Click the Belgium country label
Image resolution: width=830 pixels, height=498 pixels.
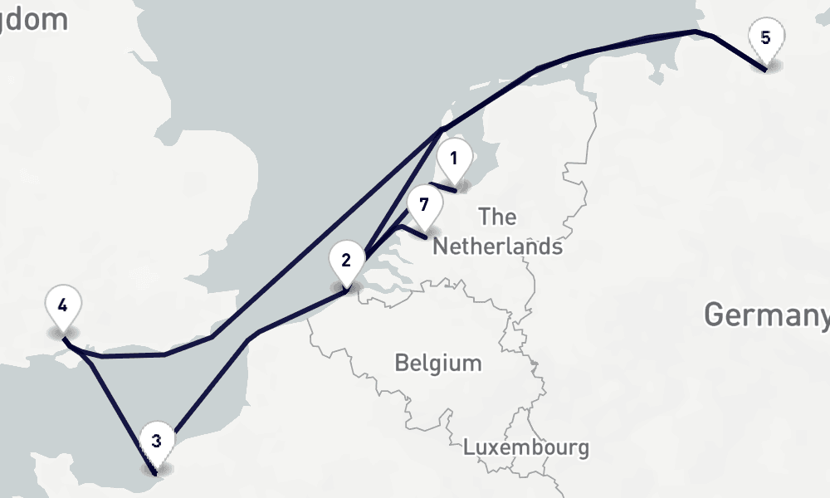tap(437, 363)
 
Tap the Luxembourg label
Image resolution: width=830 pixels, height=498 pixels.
tap(526, 447)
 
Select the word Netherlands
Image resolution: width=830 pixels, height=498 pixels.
tap(497, 247)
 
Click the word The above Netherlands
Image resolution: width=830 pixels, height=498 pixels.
tap(497, 217)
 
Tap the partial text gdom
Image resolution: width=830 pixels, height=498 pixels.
tap(34, 19)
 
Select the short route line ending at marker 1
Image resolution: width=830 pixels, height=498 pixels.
tap(443, 187)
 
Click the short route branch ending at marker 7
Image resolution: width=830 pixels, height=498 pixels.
tap(413, 231)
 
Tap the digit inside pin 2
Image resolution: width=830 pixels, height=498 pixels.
tap(346, 259)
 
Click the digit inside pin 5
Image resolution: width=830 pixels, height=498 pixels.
tap(765, 37)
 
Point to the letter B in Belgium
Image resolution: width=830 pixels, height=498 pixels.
tap(401, 363)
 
